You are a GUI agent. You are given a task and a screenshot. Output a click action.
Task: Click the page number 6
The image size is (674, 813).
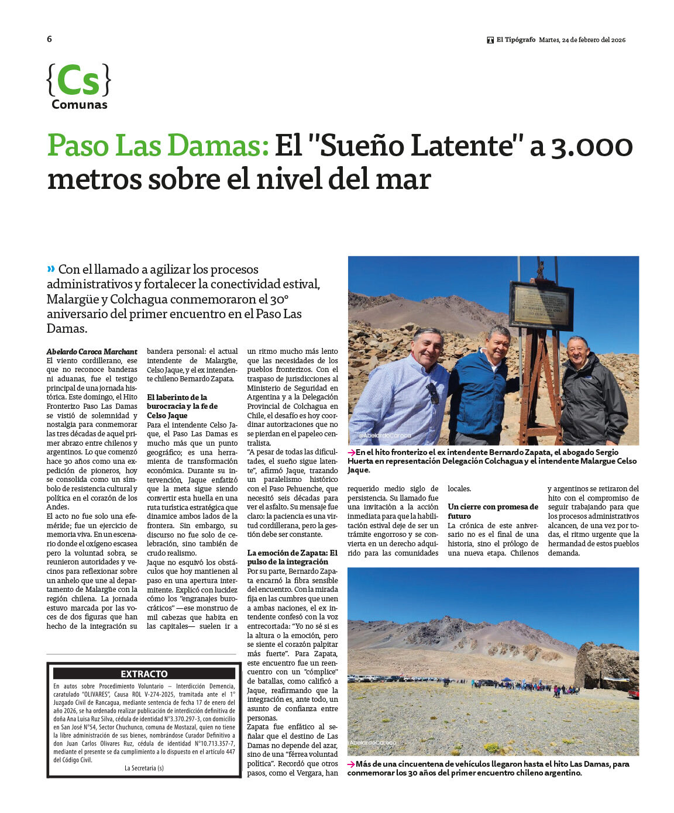click(49, 39)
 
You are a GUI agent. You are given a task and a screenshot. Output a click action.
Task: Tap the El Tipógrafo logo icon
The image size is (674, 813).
click(490, 40)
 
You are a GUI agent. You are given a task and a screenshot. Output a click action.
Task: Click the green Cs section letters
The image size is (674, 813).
click(78, 81)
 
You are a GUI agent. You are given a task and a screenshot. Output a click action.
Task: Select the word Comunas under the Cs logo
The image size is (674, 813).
click(80, 105)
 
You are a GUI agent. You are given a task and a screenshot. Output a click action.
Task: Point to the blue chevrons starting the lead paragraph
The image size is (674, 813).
click(51, 268)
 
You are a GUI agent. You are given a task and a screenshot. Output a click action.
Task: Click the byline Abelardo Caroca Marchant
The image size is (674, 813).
click(92, 352)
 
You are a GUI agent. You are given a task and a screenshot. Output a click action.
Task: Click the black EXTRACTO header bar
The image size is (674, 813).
click(144, 674)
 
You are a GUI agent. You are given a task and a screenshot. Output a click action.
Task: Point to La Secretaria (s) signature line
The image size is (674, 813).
click(144, 768)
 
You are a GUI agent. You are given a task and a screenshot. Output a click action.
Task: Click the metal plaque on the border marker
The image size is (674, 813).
click(541, 305)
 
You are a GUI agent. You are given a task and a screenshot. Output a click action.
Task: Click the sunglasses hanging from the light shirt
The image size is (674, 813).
click(433, 393)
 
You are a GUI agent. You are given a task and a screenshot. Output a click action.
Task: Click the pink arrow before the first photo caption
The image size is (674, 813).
click(351, 452)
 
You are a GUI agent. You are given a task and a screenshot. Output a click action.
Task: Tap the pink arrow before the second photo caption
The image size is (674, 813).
click(351, 764)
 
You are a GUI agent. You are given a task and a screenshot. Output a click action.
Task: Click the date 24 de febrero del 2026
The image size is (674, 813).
click(582, 40)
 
